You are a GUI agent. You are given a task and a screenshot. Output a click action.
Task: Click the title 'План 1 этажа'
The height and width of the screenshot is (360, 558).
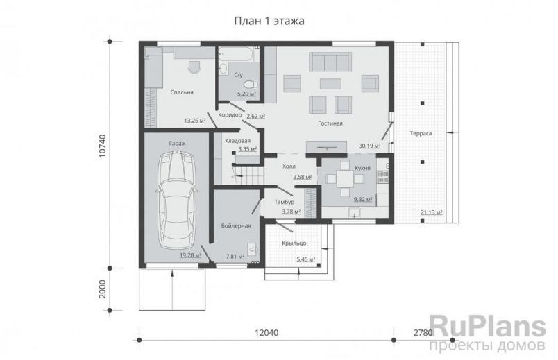pos(269,22)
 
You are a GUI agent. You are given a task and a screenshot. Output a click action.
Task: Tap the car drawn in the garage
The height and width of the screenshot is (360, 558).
pos(177,200)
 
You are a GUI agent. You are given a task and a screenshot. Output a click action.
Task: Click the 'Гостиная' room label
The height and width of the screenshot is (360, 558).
pos(330,123)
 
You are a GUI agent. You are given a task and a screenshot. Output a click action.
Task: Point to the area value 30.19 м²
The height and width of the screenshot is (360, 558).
pos(369,146)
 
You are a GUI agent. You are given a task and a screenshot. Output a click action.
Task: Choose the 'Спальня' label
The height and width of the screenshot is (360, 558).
pos(182,92)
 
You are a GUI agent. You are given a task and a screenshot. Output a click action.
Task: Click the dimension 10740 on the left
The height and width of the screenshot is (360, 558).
pos(103,146)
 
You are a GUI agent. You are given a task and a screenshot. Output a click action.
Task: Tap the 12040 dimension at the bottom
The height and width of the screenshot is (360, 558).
pos(267,333)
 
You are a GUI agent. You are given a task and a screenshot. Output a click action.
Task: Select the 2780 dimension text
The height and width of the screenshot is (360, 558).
pos(423,333)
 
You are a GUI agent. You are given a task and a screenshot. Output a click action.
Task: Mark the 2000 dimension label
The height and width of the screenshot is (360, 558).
pos(103,289)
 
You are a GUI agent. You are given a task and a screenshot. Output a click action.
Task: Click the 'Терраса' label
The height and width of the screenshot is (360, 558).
pos(421,133)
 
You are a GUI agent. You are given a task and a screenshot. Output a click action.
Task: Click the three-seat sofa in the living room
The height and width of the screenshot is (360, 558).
pos(330,62)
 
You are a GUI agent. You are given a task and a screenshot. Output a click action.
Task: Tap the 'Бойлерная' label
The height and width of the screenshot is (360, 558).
pos(236,225)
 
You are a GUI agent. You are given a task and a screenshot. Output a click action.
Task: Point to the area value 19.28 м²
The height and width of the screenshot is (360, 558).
pos(190,255)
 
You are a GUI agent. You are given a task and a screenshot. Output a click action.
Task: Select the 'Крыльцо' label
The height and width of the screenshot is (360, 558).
pos(294,243)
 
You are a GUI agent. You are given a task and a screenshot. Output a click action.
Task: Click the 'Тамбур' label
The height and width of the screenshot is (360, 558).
pos(285,202)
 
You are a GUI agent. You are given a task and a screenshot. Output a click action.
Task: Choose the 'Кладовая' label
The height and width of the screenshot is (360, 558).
pos(238,141)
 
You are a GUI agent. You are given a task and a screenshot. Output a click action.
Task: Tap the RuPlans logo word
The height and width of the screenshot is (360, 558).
pos(487,327)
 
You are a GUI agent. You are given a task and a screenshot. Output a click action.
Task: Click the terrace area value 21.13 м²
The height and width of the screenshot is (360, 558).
pos(431,212)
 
